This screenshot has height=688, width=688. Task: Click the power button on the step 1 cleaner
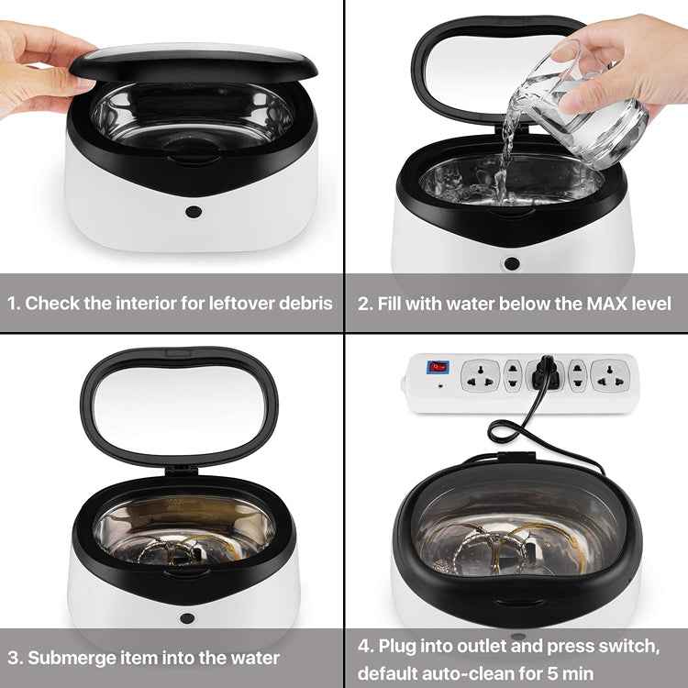(x=194, y=212)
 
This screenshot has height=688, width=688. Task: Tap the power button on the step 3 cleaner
(x=187, y=618)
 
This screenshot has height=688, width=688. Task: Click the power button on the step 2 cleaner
(x=512, y=263)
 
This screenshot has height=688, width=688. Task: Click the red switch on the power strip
(x=438, y=367)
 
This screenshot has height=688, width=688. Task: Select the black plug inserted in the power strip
(x=546, y=374)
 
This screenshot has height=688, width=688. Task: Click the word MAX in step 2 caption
(x=607, y=304)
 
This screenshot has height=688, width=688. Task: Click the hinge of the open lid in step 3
(x=183, y=472)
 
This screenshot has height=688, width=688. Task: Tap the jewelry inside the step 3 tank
(x=184, y=550)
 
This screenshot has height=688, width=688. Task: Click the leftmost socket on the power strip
(x=481, y=375)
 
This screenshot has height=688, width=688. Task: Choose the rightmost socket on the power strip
(x=610, y=375)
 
